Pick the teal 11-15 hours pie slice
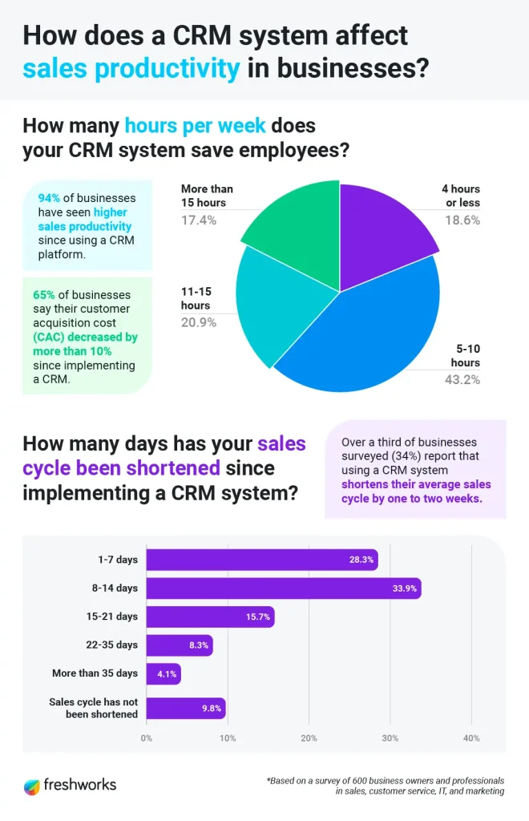[x=281, y=305]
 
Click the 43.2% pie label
[x=462, y=379]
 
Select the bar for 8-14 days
[x=284, y=588]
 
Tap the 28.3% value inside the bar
[x=360, y=560]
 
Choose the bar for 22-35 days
[x=180, y=645]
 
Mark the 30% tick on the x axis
[x=390, y=738]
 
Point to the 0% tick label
[x=147, y=738]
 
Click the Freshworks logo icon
[x=31, y=785]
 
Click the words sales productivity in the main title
[x=131, y=69]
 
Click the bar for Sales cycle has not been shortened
[x=186, y=709]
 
